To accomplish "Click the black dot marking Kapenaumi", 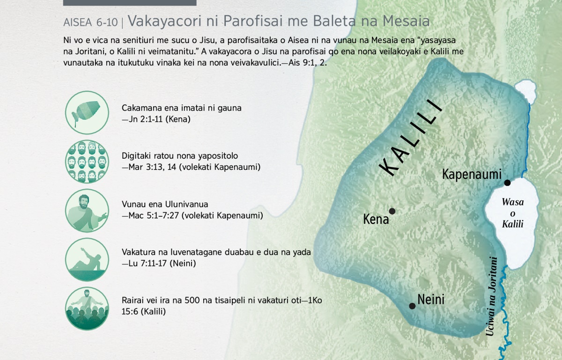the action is pyautogui.click(x=507, y=183).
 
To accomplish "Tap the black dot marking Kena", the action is pyautogui.click(x=392, y=211).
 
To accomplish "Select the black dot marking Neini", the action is pyautogui.click(x=412, y=306).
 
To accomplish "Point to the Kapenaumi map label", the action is pyautogui.click(x=472, y=174).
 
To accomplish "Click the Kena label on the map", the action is pyautogui.click(x=376, y=219).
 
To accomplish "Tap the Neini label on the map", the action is pyautogui.click(x=431, y=300).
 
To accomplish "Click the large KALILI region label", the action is pyautogui.click(x=410, y=138).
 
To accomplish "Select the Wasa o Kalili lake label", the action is pyautogui.click(x=512, y=213).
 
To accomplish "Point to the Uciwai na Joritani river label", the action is pyautogui.click(x=491, y=296).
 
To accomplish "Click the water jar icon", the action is pyautogui.click(x=87, y=113).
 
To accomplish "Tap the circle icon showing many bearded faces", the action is pyautogui.click(x=87, y=162).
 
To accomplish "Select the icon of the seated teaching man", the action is pyautogui.click(x=87, y=211).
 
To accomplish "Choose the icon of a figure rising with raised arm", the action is pyautogui.click(x=87, y=259).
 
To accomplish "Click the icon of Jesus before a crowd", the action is pyautogui.click(x=87, y=309).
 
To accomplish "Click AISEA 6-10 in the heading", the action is pyautogui.click(x=90, y=22).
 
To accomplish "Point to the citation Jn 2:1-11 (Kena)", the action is pyautogui.click(x=156, y=119).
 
